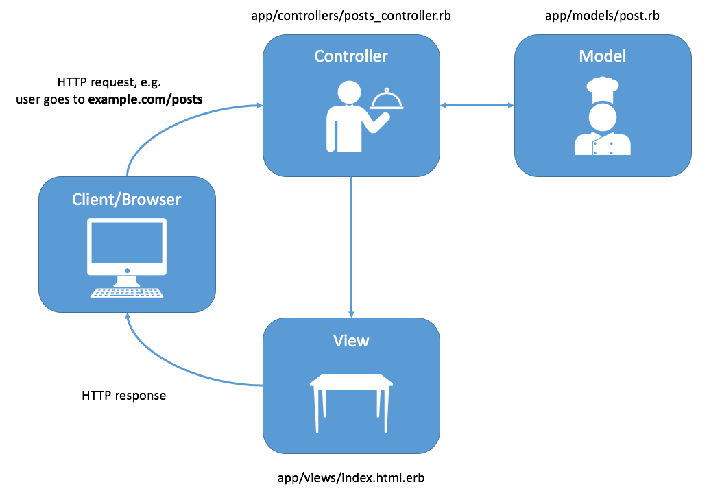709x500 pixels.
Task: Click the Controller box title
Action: tap(350, 56)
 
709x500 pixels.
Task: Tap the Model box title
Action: tap(602, 56)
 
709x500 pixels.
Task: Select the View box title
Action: tap(350, 341)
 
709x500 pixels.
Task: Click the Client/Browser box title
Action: tap(127, 200)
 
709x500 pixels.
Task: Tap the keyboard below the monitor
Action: tap(127, 293)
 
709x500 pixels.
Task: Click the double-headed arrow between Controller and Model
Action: tap(477, 105)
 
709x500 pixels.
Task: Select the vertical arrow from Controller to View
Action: tap(351, 247)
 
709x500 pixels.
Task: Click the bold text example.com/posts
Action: tap(149, 99)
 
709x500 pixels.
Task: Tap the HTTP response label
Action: tap(123, 396)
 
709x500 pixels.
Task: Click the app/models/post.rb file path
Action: tap(602, 16)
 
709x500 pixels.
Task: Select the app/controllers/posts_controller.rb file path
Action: tap(351, 16)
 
